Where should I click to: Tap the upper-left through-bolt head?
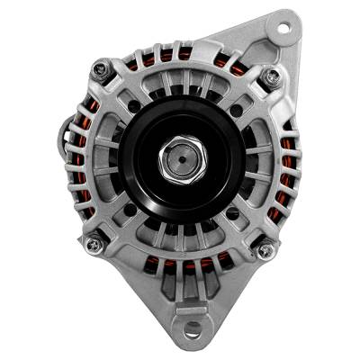[x=101, y=69]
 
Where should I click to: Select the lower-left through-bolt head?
[x=93, y=243]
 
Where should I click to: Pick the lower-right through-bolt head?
[x=264, y=250]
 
